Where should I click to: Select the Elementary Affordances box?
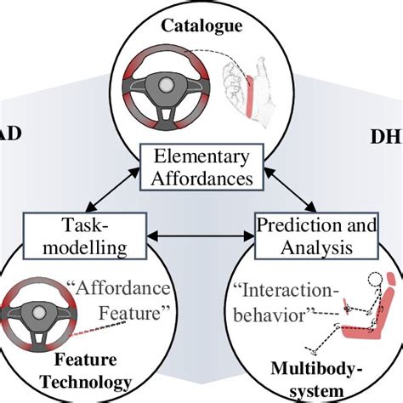click(203, 167)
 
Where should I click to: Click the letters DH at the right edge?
click(386, 136)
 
